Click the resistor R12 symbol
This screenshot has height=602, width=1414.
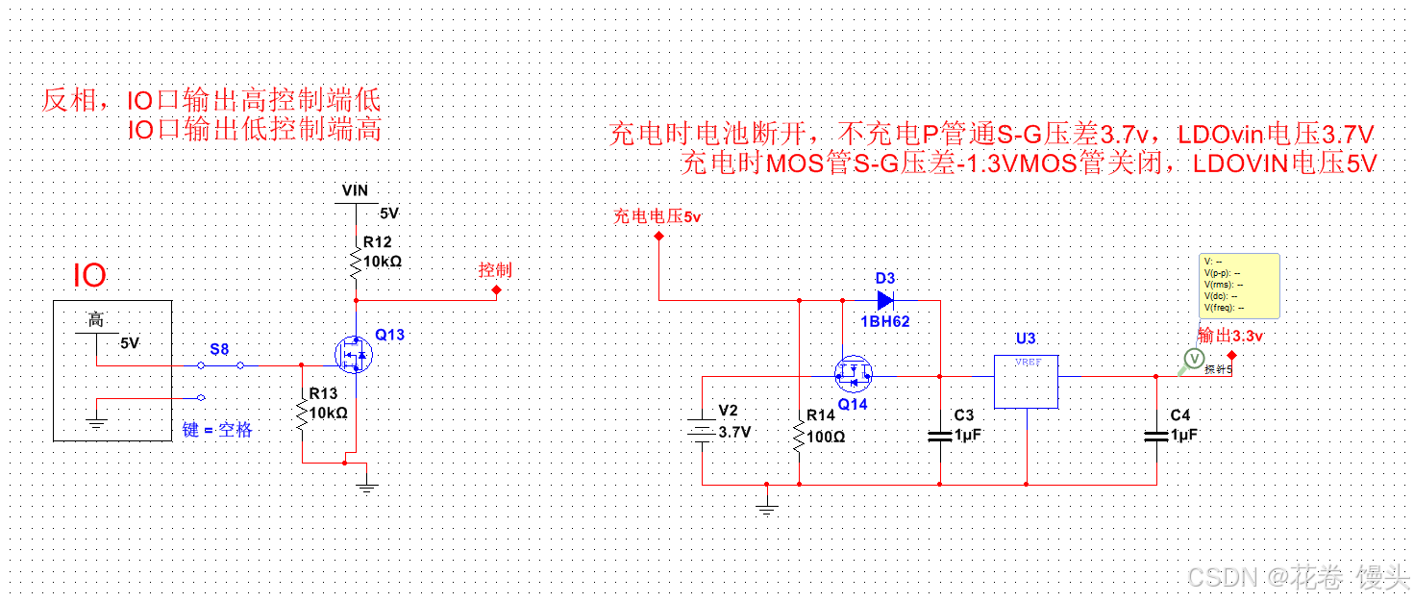356,260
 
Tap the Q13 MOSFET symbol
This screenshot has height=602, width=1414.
353,355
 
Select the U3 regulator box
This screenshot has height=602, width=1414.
1026,381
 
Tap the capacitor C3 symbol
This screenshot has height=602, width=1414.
940,436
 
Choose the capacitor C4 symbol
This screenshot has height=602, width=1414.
1156,436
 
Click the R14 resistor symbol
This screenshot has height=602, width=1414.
799,436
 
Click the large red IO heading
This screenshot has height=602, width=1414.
90,277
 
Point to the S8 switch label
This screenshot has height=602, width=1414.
219,349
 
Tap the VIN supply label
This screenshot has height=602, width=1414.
355,191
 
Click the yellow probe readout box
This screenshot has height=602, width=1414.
1240,285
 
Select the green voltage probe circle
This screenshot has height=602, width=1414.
1193,359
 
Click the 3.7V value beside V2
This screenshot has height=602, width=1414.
735,433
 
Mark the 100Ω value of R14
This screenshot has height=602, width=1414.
826,436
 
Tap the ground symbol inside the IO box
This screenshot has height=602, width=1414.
96,420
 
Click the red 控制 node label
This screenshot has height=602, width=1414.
495,270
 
